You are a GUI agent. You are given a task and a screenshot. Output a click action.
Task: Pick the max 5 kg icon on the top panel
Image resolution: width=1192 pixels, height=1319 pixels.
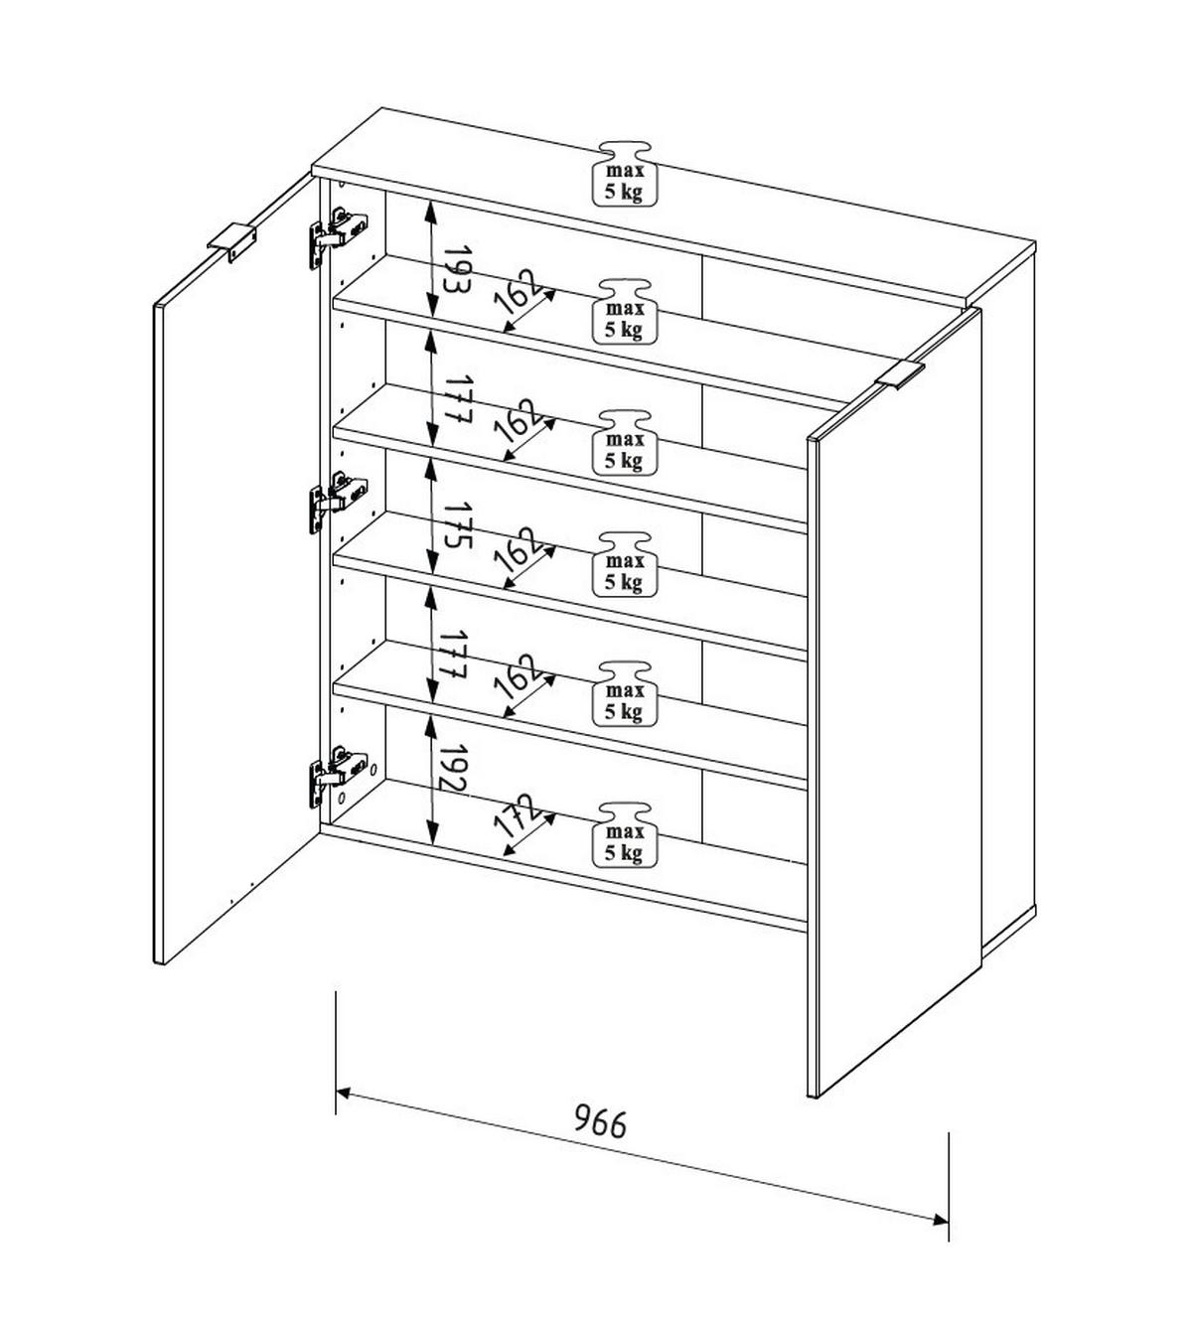click(625, 174)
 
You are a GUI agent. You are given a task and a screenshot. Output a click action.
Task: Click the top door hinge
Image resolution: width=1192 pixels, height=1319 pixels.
click(338, 236)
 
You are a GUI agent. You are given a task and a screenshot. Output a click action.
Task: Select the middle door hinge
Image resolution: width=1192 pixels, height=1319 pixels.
click(338, 503)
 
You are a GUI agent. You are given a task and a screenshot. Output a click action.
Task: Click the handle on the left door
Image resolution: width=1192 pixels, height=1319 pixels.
click(231, 242)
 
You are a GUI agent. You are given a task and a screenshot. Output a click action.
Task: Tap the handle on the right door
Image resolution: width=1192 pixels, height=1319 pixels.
click(901, 374)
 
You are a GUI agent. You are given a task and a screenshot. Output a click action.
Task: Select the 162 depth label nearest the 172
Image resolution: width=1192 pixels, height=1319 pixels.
click(520, 675)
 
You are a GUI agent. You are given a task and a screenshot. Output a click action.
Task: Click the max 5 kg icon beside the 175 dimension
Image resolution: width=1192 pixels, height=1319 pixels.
click(625, 563)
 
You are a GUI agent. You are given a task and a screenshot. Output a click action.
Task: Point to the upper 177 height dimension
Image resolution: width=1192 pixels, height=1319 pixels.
click(458, 400)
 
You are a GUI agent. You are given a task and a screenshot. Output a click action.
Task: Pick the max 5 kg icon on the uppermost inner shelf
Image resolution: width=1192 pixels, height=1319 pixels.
click(625, 311)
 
